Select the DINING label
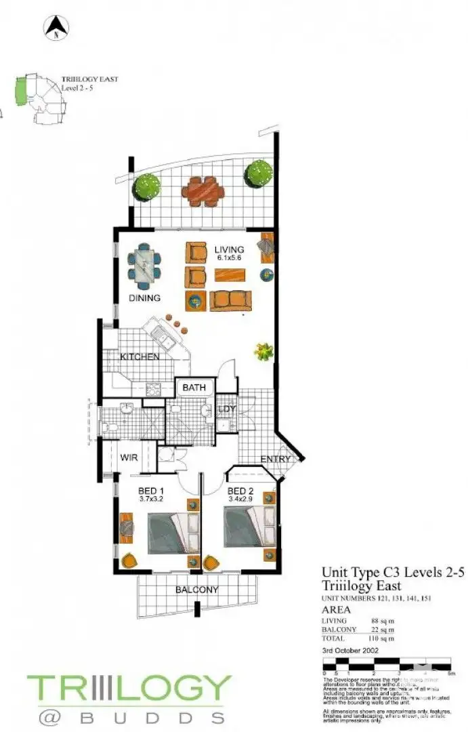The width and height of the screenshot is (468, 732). (x=144, y=298)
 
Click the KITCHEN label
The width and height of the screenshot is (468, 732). (x=140, y=357)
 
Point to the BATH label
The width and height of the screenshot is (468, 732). (x=194, y=388)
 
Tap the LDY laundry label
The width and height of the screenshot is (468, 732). (x=226, y=409)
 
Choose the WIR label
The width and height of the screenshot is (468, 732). (x=129, y=458)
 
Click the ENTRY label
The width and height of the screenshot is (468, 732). (x=275, y=460)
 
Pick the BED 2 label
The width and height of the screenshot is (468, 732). (x=240, y=491)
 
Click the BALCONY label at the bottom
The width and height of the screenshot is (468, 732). (x=196, y=590)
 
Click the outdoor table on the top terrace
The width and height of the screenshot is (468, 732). (x=203, y=191)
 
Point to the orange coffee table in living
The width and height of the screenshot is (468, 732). (x=230, y=275)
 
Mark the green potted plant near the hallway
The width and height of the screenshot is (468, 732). (x=263, y=350)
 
